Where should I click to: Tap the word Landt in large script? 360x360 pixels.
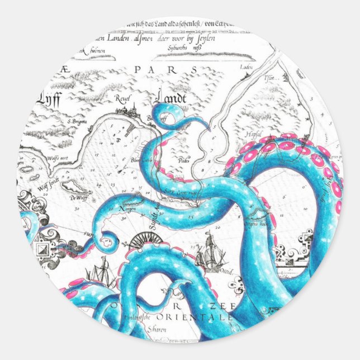point(170,97)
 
